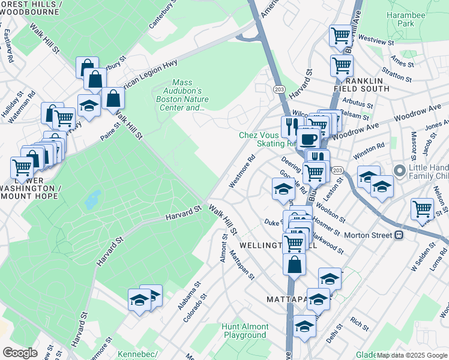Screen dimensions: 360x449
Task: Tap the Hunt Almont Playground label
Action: pos(244,331)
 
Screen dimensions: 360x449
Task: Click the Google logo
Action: pos(20,353)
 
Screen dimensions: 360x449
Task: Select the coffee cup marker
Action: pos(309,140)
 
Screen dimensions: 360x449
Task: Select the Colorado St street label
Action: pos(195,307)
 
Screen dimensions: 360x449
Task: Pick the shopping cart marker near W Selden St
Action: pos(423,209)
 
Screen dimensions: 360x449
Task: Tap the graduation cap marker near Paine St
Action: pos(89,107)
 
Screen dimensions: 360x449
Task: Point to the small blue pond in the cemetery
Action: pos(92,199)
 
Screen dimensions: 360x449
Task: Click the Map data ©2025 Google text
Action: pos(412,356)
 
